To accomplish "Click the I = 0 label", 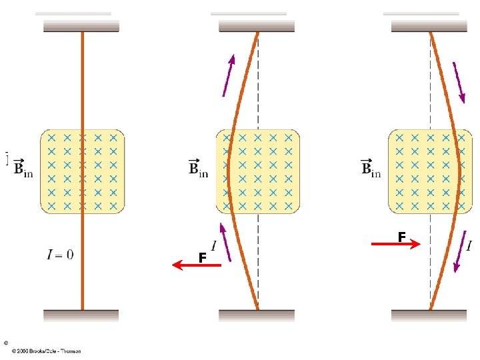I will (60, 254).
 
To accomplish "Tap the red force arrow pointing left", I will (196, 265).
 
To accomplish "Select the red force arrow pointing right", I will (395, 245).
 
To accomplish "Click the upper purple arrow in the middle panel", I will (228, 75).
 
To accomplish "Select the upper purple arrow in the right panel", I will (459, 83).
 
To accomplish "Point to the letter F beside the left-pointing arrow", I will (201, 257).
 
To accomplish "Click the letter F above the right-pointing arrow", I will (401, 237).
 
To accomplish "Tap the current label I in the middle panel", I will (213, 245).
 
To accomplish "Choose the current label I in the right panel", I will (469, 246).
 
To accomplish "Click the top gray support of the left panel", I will (81, 26).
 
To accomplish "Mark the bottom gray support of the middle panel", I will (257, 315).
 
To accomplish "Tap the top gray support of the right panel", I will (429, 26).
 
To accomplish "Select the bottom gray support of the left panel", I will (81, 315).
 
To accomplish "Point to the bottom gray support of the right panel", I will (429, 315).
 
